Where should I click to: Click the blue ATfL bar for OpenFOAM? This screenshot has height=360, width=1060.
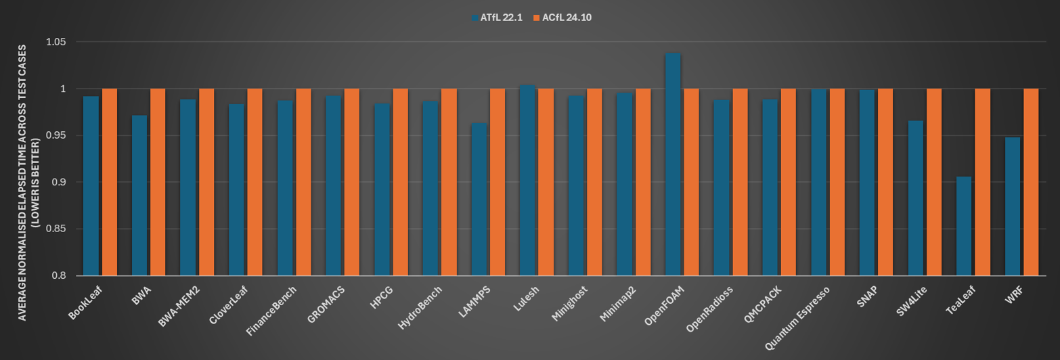click(672, 164)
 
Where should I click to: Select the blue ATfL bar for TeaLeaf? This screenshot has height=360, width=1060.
click(963, 226)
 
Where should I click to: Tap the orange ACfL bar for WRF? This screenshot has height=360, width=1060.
click(1031, 182)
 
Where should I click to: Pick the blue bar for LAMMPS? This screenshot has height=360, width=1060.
click(479, 199)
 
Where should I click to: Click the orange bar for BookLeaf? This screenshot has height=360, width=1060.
click(109, 182)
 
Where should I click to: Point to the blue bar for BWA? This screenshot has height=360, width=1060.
click(139, 196)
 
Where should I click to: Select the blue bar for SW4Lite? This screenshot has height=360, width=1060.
click(915, 198)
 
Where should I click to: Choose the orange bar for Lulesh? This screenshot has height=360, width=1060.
click(546, 182)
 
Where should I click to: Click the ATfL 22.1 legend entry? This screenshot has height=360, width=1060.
click(497, 18)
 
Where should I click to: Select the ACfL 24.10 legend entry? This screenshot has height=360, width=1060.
click(562, 18)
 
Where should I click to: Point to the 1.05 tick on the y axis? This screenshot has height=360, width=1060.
click(56, 42)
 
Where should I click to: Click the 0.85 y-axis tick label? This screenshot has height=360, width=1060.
click(56, 229)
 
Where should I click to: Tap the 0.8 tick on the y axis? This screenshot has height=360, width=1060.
click(59, 275)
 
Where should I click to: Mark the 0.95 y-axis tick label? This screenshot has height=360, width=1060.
click(56, 136)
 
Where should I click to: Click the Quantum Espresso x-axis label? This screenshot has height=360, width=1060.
click(798, 318)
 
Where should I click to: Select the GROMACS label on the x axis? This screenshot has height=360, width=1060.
click(326, 305)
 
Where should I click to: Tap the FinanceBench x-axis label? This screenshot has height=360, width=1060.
click(271, 311)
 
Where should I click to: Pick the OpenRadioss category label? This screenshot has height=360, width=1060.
click(709, 309)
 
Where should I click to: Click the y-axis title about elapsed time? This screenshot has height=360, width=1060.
click(28, 183)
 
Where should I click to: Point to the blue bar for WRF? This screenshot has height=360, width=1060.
click(1012, 206)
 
